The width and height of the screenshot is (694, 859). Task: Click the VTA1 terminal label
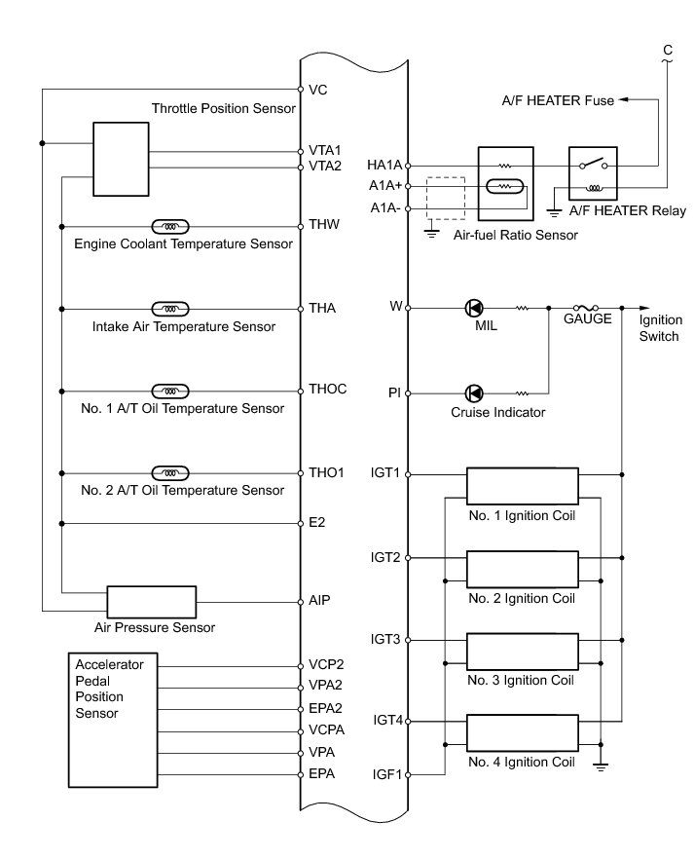click(x=326, y=151)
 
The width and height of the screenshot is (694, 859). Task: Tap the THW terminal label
click(x=325, y=225)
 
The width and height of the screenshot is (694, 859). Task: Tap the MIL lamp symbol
click(x=474, y=309)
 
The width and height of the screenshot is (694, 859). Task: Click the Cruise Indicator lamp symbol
click(x=474, y=393)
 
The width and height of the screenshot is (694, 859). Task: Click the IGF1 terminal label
click(x=386, y=775)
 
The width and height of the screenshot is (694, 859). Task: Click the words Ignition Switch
click(x=661, y=328)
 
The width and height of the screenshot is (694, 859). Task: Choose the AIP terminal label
click(x=320, y=600)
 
